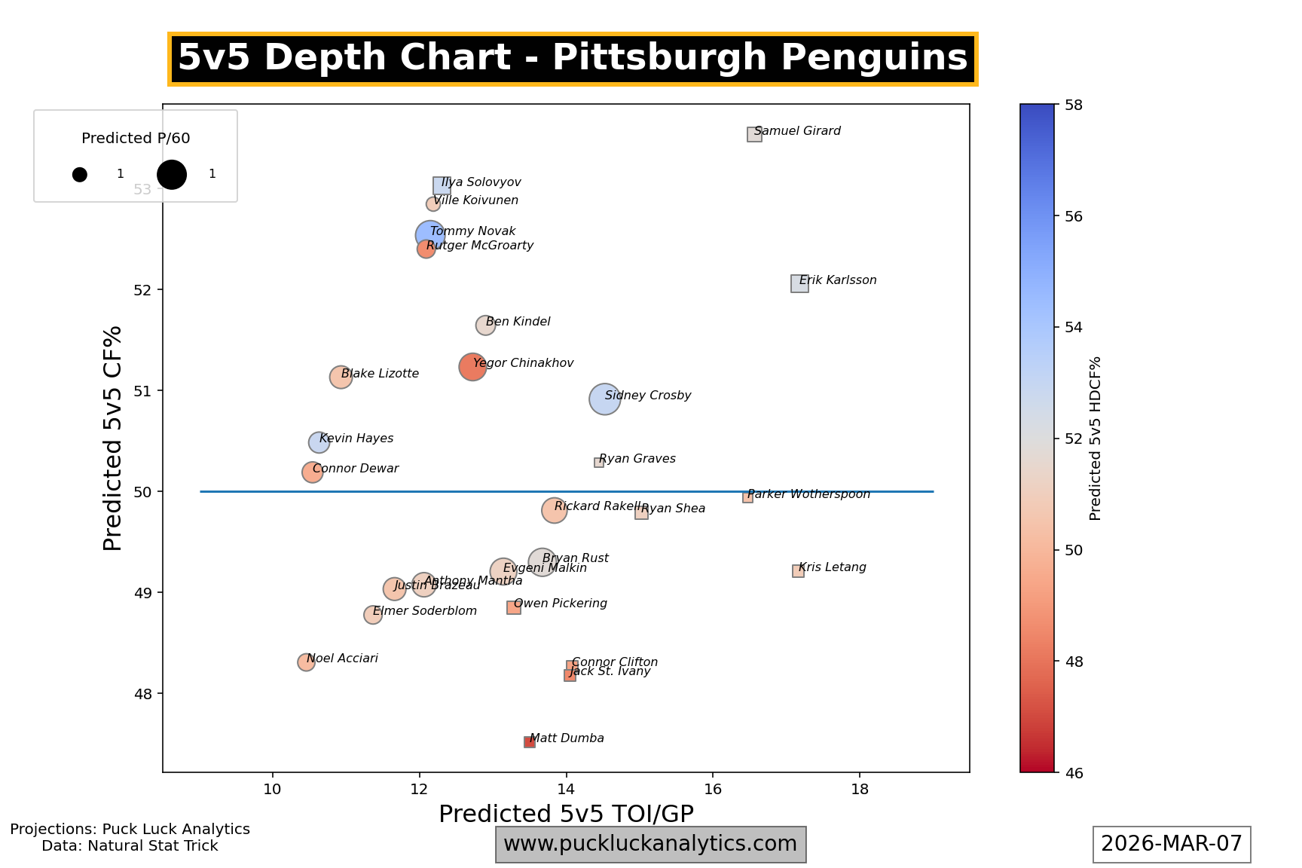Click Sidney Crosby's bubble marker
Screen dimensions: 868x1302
(x=604, y=399)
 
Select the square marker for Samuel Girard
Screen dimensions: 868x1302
(x=754, y=134)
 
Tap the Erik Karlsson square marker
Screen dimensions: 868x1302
(x=799, y=283)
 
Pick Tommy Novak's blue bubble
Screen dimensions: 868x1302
(x=429, y=235)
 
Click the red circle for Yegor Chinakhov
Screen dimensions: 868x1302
(x=472, y=367)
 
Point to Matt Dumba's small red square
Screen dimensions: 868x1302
(x=530, y=742)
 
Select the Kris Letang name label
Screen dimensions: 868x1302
(x=832, y=567)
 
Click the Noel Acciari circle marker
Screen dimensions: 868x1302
(x=306, y=662)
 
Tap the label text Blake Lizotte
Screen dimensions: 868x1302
(x=380, y=374)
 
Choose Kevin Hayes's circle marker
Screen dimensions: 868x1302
(x=319, y=442)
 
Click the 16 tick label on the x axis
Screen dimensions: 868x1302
(x=713, y=789)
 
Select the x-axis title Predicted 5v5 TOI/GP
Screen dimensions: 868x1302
(x=566, y=814)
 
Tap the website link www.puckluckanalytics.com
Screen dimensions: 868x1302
(x=650, y=844)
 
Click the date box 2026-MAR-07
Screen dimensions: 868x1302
(x=1172, y=844)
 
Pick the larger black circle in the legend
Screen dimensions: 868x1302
(x=172, y=174)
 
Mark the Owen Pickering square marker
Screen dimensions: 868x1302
(x=514, y=607)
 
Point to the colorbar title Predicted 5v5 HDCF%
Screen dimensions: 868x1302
(x=1096, y=439)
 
